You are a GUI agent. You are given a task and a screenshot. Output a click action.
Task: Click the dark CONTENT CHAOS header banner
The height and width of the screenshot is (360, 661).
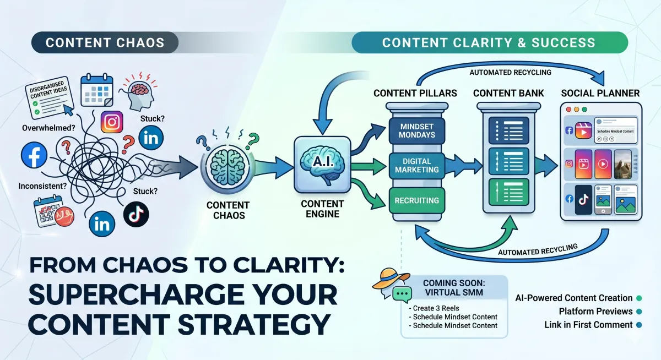pos(105,42)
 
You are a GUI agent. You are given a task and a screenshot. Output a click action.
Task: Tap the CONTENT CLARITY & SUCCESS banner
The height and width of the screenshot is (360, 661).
pos(489,42)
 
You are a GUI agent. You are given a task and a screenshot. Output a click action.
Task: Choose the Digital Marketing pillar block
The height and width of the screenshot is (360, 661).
pos(416,165)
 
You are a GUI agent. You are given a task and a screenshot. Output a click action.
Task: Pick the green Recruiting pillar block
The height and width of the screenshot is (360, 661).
pos(416,200)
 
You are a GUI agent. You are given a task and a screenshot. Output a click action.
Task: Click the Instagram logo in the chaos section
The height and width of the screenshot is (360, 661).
pos(112,122)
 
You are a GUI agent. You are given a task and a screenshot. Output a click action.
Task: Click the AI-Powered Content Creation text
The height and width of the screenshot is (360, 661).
pos(573,298)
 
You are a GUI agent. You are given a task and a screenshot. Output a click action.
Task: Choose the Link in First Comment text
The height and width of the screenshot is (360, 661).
pos(588,325)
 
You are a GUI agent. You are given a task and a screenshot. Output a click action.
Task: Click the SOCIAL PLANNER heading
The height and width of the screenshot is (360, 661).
pos(600,93)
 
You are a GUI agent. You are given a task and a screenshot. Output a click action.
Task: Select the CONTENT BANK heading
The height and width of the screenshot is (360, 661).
pos(508,93)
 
